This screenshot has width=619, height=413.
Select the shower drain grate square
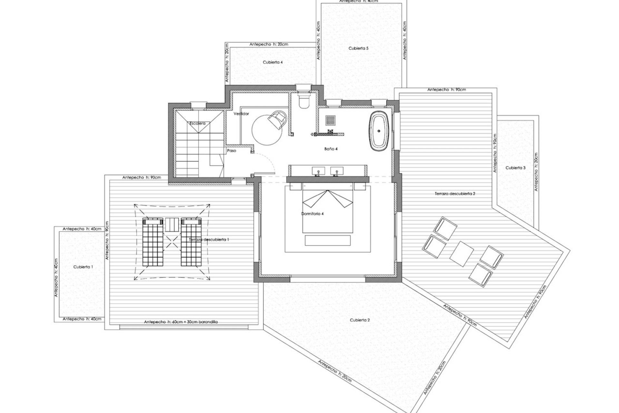coord(330,121)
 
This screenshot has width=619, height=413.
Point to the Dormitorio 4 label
coord(312,214)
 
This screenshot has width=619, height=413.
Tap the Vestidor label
coord(241,114)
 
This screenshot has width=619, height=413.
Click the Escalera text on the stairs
coord(197,124)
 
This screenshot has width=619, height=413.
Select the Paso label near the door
coord(231,151)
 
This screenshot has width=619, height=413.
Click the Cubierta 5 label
coord(358,48)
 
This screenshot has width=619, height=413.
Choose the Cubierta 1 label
coord(83,267)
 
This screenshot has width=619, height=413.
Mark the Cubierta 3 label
coord(515,168)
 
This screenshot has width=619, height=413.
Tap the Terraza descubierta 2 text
coord(455,194)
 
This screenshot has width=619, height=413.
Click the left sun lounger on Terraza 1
coord(153,242)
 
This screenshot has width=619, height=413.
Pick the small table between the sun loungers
coord(172,225)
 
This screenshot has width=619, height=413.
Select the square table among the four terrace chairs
coord(461,254)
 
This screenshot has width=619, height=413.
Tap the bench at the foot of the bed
coord(327,240)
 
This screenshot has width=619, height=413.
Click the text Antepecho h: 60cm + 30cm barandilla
coord(181,322)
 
